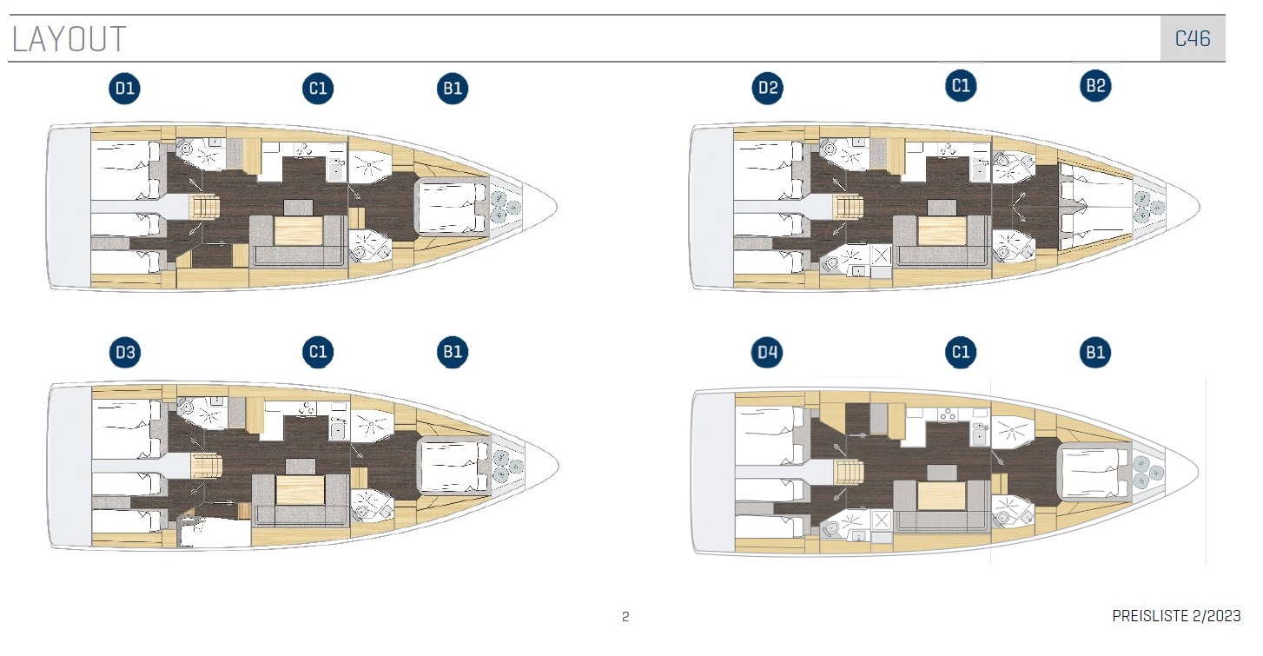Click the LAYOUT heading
[x=69, y=39]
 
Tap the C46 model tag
[x=1193, y=38]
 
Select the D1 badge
[x=124, y=89]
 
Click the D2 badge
[x=767, y=88]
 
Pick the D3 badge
[x=124, y=353]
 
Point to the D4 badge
[x=767, y=353]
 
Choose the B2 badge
[x=1095, y=86]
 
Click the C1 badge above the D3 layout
[x=317, y=352]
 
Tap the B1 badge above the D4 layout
[x=1095, y=353]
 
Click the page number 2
[x=625, y=617]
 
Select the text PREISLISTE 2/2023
[x=1176, y=616]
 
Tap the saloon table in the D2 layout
[x=941, y=231]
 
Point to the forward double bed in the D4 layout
[x=1094, y=473]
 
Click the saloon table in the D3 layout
[x=300, y=489]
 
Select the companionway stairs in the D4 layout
[x=849, y=472]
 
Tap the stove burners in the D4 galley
[x=948, y=415]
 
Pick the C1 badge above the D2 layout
[x=960, y=86]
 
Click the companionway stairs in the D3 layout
[x=206, y=467]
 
